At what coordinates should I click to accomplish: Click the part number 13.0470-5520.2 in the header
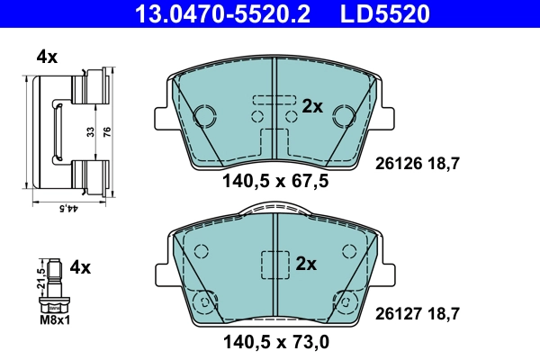(x=202, y=13)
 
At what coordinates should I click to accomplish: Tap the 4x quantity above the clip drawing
(x=47, y=57)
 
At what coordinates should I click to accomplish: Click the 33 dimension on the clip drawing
(x=91, y=130)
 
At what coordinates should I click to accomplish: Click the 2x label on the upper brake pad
(x=312, y=106)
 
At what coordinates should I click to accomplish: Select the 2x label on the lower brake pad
(x=307, y=264)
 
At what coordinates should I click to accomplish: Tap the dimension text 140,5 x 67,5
(x=274, y=181)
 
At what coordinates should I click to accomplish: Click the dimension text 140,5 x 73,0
(x=274, y=341)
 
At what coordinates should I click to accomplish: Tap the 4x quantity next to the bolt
(x=80, y=267)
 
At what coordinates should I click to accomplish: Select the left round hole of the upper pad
(x=203, y=115)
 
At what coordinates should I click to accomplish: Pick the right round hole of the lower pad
(x=342, y=301)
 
